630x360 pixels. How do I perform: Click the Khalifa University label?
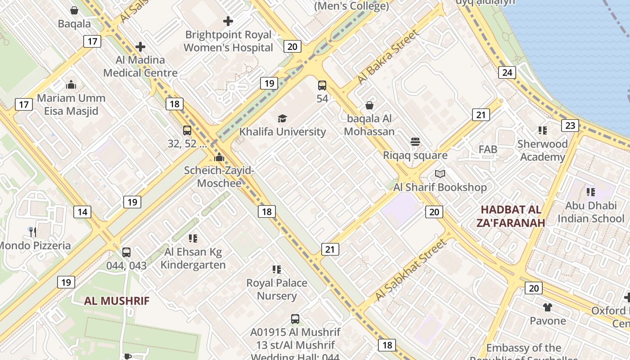click(282, 132)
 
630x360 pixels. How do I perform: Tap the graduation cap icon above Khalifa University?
click(282, 118)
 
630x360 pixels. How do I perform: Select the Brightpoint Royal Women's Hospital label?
click(228, 41)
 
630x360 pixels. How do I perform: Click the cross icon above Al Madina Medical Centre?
click(140, 46)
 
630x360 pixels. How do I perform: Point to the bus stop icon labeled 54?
click(322, 85)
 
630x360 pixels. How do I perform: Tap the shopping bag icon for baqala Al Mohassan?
click(369, 105)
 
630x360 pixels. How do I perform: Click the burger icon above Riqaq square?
click(415, 142)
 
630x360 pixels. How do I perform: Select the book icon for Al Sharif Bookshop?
click(440, 174)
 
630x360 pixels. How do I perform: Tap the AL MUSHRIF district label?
click(117, 301)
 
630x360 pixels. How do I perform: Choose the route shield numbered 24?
click(507, 72)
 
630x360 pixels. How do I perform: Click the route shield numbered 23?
click(570, 126)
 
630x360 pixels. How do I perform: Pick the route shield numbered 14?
click(82, 212)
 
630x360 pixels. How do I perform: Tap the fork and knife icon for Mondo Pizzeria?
click(32, 232)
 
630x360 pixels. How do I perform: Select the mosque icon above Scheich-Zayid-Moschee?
click(219, 157)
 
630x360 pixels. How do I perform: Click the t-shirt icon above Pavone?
click(547, 307)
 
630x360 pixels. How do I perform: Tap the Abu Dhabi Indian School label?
click(591, 212)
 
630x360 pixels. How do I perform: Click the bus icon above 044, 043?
click(126, 252)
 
